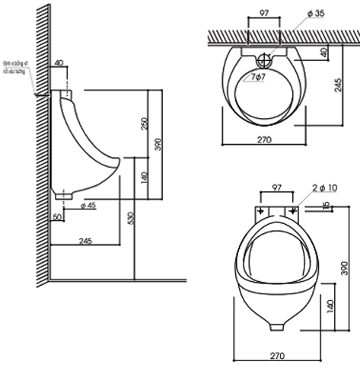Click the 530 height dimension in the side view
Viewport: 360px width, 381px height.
coord(130,218)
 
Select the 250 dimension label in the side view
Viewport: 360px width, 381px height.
coord(145,123)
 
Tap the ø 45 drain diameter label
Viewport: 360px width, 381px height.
coord(88,204)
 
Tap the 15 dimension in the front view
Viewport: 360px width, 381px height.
coord(327,207)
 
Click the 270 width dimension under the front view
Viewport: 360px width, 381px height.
coord(276,354)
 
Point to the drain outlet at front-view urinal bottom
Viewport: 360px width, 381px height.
coord(276,326)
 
